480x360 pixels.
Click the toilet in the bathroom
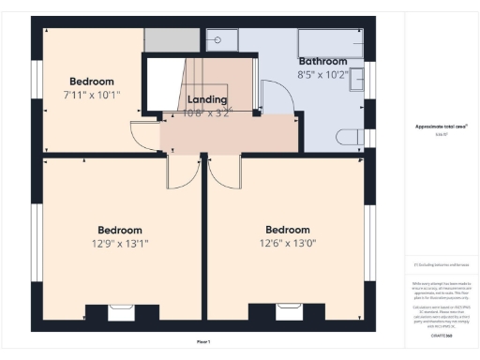(x=352, y=137)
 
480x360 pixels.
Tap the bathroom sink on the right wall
(x=358, y=81)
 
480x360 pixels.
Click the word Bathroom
(x=322, y=61)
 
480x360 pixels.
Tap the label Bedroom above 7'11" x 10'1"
(x=91, y=82)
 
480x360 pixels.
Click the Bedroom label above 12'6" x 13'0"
(x=287, y=230)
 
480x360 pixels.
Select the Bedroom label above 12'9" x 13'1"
(x=120, y=230)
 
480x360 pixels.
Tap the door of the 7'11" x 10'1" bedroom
(x=142, y=138)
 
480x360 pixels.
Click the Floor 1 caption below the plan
(x=203, y=341)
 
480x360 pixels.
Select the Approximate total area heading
(x=441, y=126)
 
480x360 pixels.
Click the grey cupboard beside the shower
(x=172, y=39)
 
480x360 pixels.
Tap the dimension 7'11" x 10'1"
(x=91, y=95)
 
